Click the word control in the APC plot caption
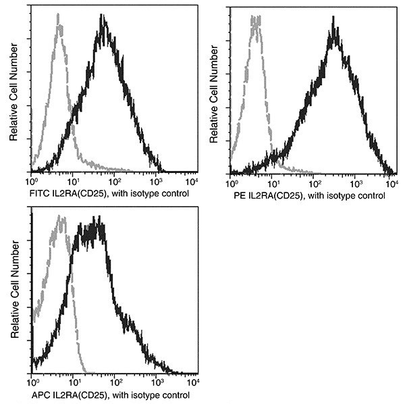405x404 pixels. pos(174,395)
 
